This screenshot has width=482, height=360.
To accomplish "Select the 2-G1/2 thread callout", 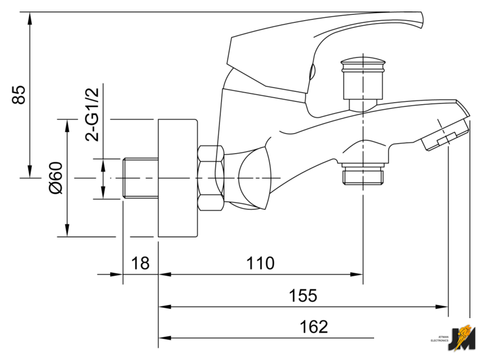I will tap(92, 115).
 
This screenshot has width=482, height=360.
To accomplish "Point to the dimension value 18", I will tap(140, 264).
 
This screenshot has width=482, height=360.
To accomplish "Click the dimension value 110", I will tap(261, 264).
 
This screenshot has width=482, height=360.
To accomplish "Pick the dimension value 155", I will tap(302, 296).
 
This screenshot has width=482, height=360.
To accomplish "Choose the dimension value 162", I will tap(314, 327).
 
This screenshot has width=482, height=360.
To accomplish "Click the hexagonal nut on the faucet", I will tap(211, 178).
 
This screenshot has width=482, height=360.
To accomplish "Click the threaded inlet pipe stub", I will tap(141, 178).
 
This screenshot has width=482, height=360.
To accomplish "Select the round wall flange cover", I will tap(177, 178).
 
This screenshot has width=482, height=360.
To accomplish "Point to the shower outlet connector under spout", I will tap(364, 175).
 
